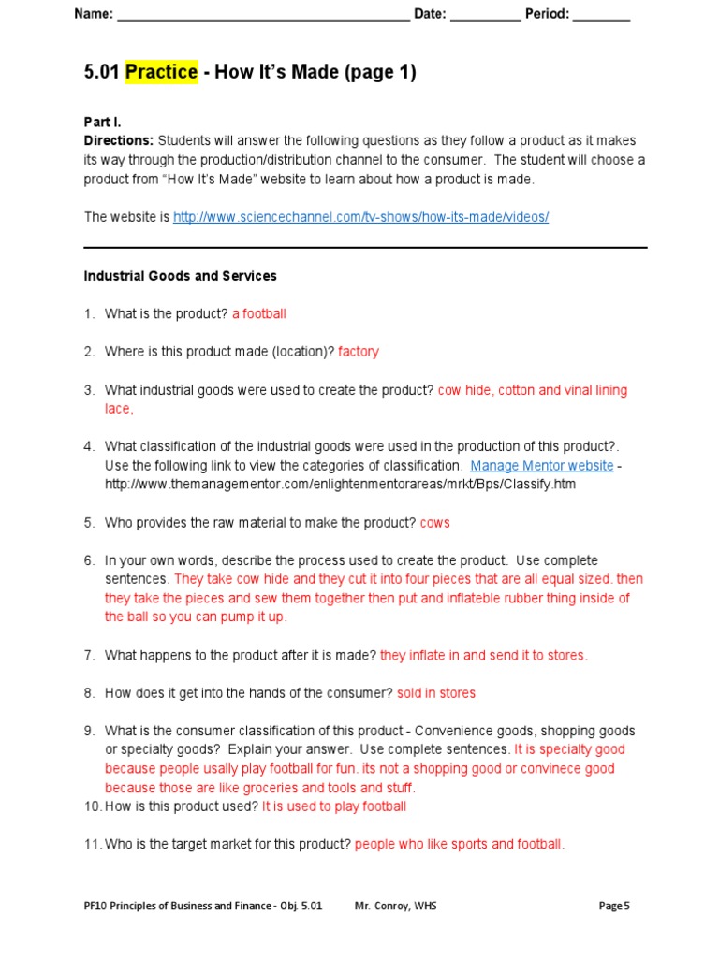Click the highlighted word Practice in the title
tap(161, 73)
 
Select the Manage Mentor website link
tap(541, 466)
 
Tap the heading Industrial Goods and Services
tap(180, 276)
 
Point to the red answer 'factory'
tap(359, 352)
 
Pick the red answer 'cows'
tap(434, 523)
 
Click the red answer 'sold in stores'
tap(436, 693)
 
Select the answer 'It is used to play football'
tap(334, 806)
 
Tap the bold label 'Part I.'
tap(103, 122)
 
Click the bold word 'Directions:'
tap(119, 140)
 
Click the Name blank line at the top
tap(263, 16)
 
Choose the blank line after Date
tap(485, 16)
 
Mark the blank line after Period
tap(601, 16)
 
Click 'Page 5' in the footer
tap(614, 906)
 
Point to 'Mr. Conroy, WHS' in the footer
tap(396, 906)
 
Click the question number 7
tap(90, 656)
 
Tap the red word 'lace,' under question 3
tap(119, 409)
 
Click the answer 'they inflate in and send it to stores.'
tap(484, 656)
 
